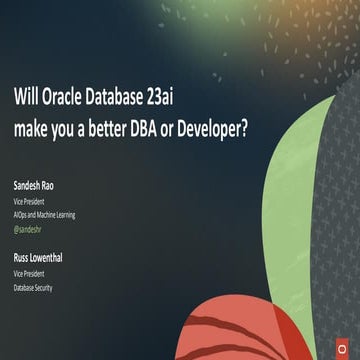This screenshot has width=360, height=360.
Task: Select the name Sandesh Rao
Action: (x=37, y=186)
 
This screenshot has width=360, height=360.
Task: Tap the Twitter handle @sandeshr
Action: (x=29, y=229)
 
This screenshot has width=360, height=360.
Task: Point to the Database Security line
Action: (x=34, y=287)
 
